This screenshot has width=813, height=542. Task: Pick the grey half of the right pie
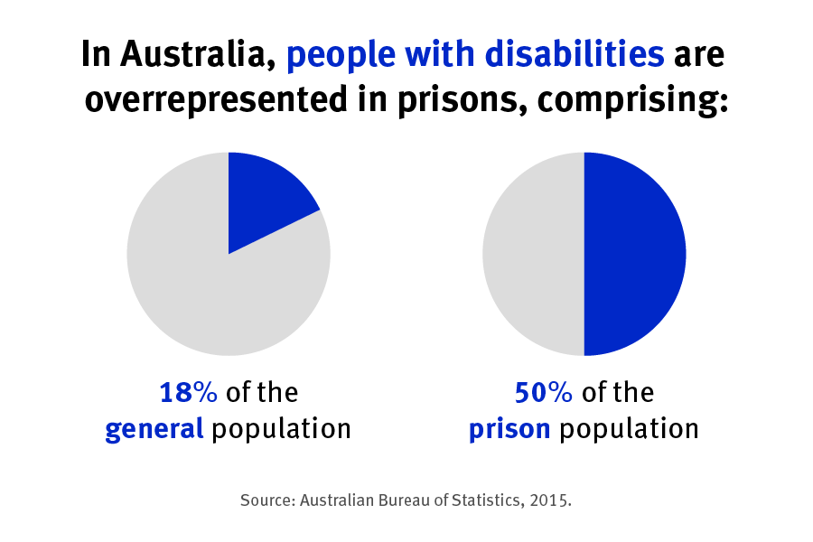(533, 254)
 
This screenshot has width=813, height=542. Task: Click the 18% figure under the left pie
(189, 393)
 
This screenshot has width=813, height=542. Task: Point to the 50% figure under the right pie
(544, 393)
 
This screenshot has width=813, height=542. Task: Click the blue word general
(154, 429)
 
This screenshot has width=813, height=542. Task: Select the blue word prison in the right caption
(509, 429)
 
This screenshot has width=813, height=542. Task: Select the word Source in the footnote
(267, 500)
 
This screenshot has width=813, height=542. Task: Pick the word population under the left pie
(281, 429)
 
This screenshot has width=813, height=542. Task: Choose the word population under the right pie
(629, 429)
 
